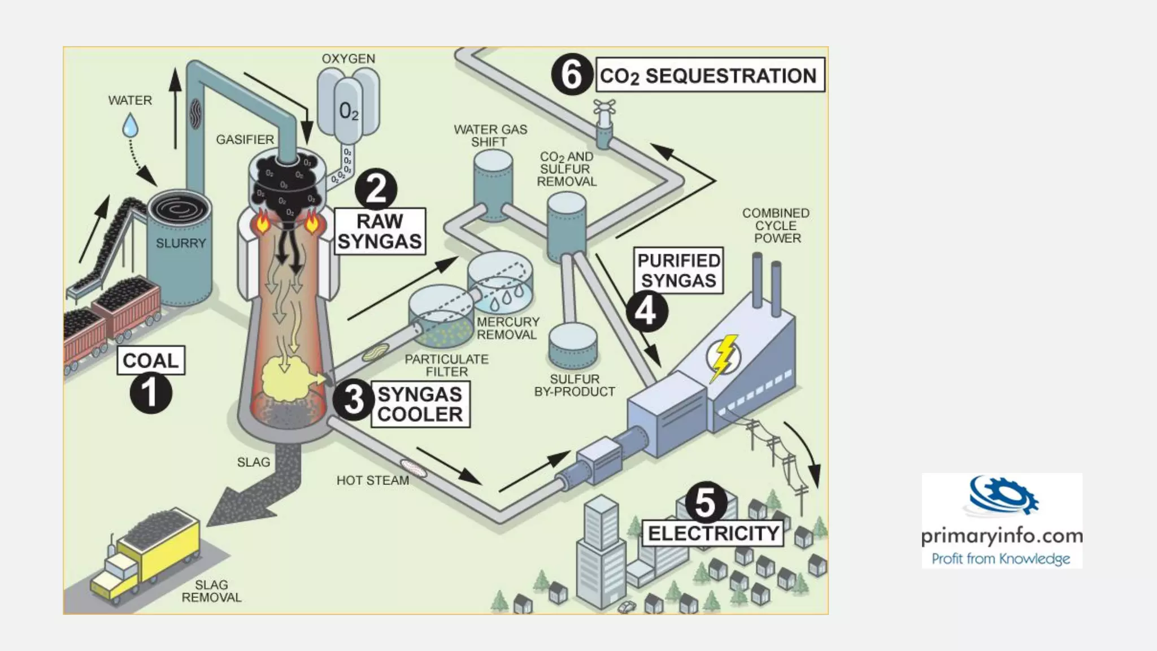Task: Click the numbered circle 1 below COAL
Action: (x=150, y=393)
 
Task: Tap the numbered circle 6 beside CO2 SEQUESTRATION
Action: (x=572, y=75)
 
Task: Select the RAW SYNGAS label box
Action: (x=380, y=231)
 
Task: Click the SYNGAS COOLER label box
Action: (x=420, y=404)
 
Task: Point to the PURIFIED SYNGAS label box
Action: (x=678, y=271)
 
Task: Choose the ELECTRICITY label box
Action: (x=713, y=533)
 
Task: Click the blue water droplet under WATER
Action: (x=131, y=125)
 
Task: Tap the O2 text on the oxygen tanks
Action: (x=349, y=111)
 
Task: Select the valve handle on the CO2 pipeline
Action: (x=604, y=107)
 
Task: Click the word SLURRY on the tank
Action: (x=181, y=244)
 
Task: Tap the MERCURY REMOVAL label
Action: (x=507, y=328)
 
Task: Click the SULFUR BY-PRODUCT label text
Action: (x=574, y=385)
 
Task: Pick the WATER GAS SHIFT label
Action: (x=490, y=136)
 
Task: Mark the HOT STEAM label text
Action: (x=372, y=480)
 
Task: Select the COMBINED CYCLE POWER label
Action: (x=776, y=225)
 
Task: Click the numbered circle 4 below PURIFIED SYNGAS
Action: (x=646, y=311)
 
